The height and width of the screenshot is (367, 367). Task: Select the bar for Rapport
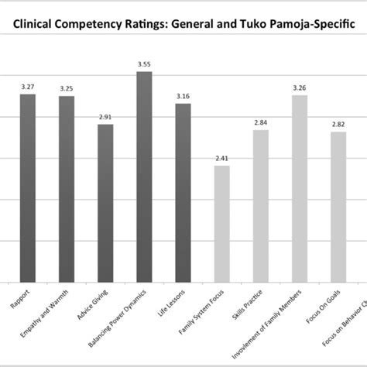(x=28, y=186)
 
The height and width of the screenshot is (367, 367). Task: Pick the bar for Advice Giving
(x=105, y=202)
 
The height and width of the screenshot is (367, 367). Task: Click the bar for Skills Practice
(x=261, y=205)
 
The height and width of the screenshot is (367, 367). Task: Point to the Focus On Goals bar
(x=338, y=206)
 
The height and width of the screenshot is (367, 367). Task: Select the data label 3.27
(x=28, y=87)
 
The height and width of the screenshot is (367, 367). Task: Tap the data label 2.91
(x=105, y=118)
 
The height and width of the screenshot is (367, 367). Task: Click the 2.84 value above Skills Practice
(x=261, y=124)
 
